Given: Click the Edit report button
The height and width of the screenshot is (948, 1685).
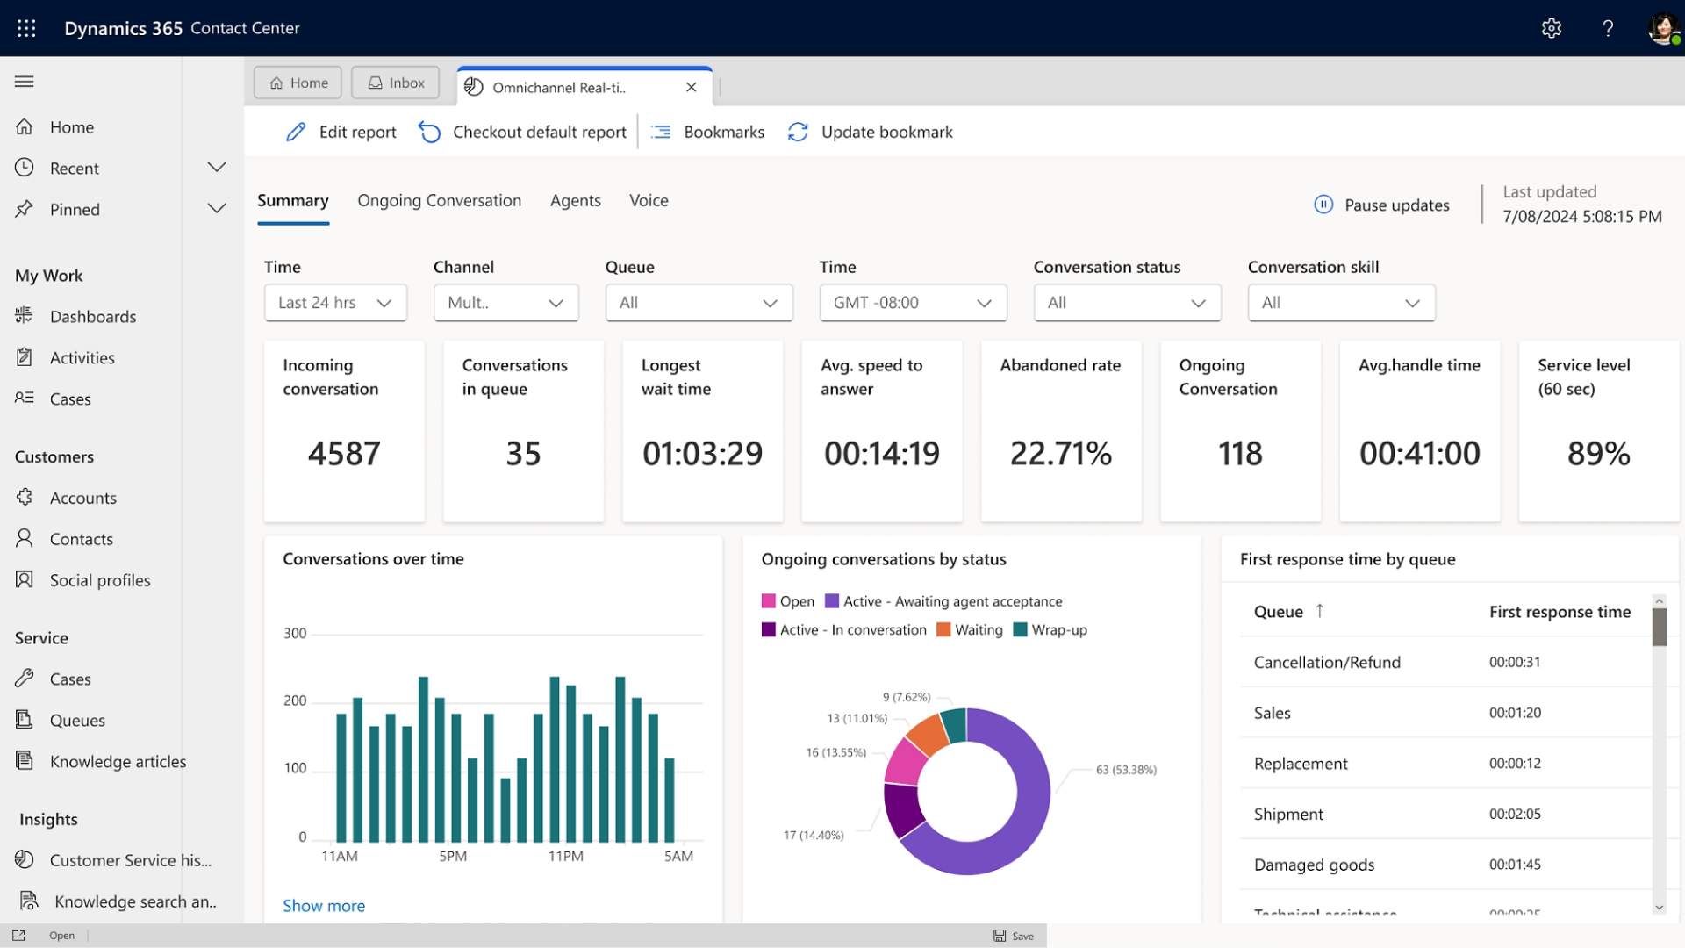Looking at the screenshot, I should pyautogui.click(x=341, y=132).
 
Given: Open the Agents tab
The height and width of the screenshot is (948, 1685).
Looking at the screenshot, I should pyautogui.click(x=575, y=200).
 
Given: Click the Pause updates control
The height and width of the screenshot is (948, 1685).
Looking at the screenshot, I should pyautogui.click(x=1382, y=205).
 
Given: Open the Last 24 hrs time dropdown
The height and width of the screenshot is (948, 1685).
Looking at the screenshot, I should pyautogui.click(x=335, y=303).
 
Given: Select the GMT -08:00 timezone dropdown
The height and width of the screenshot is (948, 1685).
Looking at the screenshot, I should pyautogui.click(x=913, y=303).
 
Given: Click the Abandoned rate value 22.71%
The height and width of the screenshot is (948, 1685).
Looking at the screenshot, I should pyautogui.click(x=1060, y=453).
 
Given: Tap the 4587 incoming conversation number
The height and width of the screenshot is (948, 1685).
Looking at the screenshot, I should pyautogui.click(x=344, y=453).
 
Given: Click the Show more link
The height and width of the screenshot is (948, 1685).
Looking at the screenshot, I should pyautogui.click(x=324, y=906).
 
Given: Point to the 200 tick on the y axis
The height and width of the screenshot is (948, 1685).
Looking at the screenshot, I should pyautogui.click(x=295, y=700).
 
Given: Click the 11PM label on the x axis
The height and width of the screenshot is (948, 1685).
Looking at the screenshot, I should pyautogui.click(x=566, y=856).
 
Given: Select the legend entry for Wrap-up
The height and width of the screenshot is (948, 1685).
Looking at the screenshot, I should pyautogui.click(x=1050, y=629).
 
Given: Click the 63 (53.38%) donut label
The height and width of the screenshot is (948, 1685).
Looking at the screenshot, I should pyautogui.click(x=1126, y=770).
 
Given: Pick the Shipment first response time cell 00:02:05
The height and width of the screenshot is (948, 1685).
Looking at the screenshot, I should pyautogui.click(x=1515, y=814).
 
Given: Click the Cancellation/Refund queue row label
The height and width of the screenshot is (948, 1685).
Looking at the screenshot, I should pyautogui.click(x=1327, y=662).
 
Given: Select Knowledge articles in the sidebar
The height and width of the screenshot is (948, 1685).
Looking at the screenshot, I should pyautogui.click(x=118, y=761).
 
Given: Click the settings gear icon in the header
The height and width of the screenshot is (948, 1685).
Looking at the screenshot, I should pyautogui.click(x=1552, y=28).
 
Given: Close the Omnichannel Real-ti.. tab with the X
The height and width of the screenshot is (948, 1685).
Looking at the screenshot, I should pyautogui.click(x=692, y=87).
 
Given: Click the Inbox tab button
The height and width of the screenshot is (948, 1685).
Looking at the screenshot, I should pyautogui.click(x=396, y=83).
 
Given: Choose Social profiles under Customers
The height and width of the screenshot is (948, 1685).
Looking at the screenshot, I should pyautogui.click(x=100, y=580).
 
